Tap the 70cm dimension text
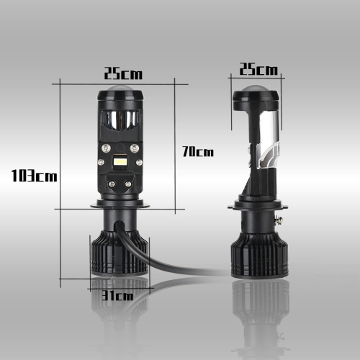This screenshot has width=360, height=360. [x=198, y=152]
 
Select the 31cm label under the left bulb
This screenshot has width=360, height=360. [x=117, y=295]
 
